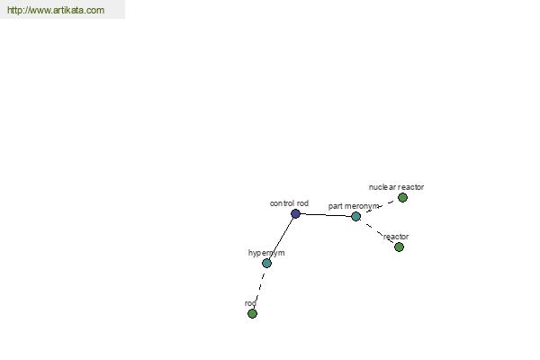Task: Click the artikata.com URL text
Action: pyautogui.click(x=56, y=10)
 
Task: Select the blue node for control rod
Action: pyautogui.click(x=295, y=214)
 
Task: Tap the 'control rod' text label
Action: pyautogui.click(x=289, y=203)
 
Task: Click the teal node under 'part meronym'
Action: pyautogui.click(x=356, y=216)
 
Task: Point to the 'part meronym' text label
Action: pyautogui.click(x=354, y=206)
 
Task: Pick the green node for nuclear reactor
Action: pyautogui.click(x=402, y=198)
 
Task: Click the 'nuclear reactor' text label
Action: pyautogui.click(x=396, y=187)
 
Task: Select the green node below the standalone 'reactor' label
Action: pyautogui.click(x=399, y=247)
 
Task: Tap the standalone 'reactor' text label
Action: pyautogui.click(x=396, y=237)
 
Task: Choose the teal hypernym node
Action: pyautogui.click(x=267, y=263)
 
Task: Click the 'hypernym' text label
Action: pyautogui.click(x=266, y=253)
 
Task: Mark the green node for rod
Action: pyautogui.click(x=252, y=313)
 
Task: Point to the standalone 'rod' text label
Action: pyautogui.click(x=250, y=303)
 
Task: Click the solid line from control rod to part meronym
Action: pyautogui.click(x=326, y=215)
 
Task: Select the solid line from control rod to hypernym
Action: pyautogui.click(x=282, y=238)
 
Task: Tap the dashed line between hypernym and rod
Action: pyautogui.click(x=260, y=288)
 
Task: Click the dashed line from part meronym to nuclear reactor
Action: pyautogui.click(x=380, y=207)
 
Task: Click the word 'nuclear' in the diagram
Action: pyautogui.click(x=382, y=187)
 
